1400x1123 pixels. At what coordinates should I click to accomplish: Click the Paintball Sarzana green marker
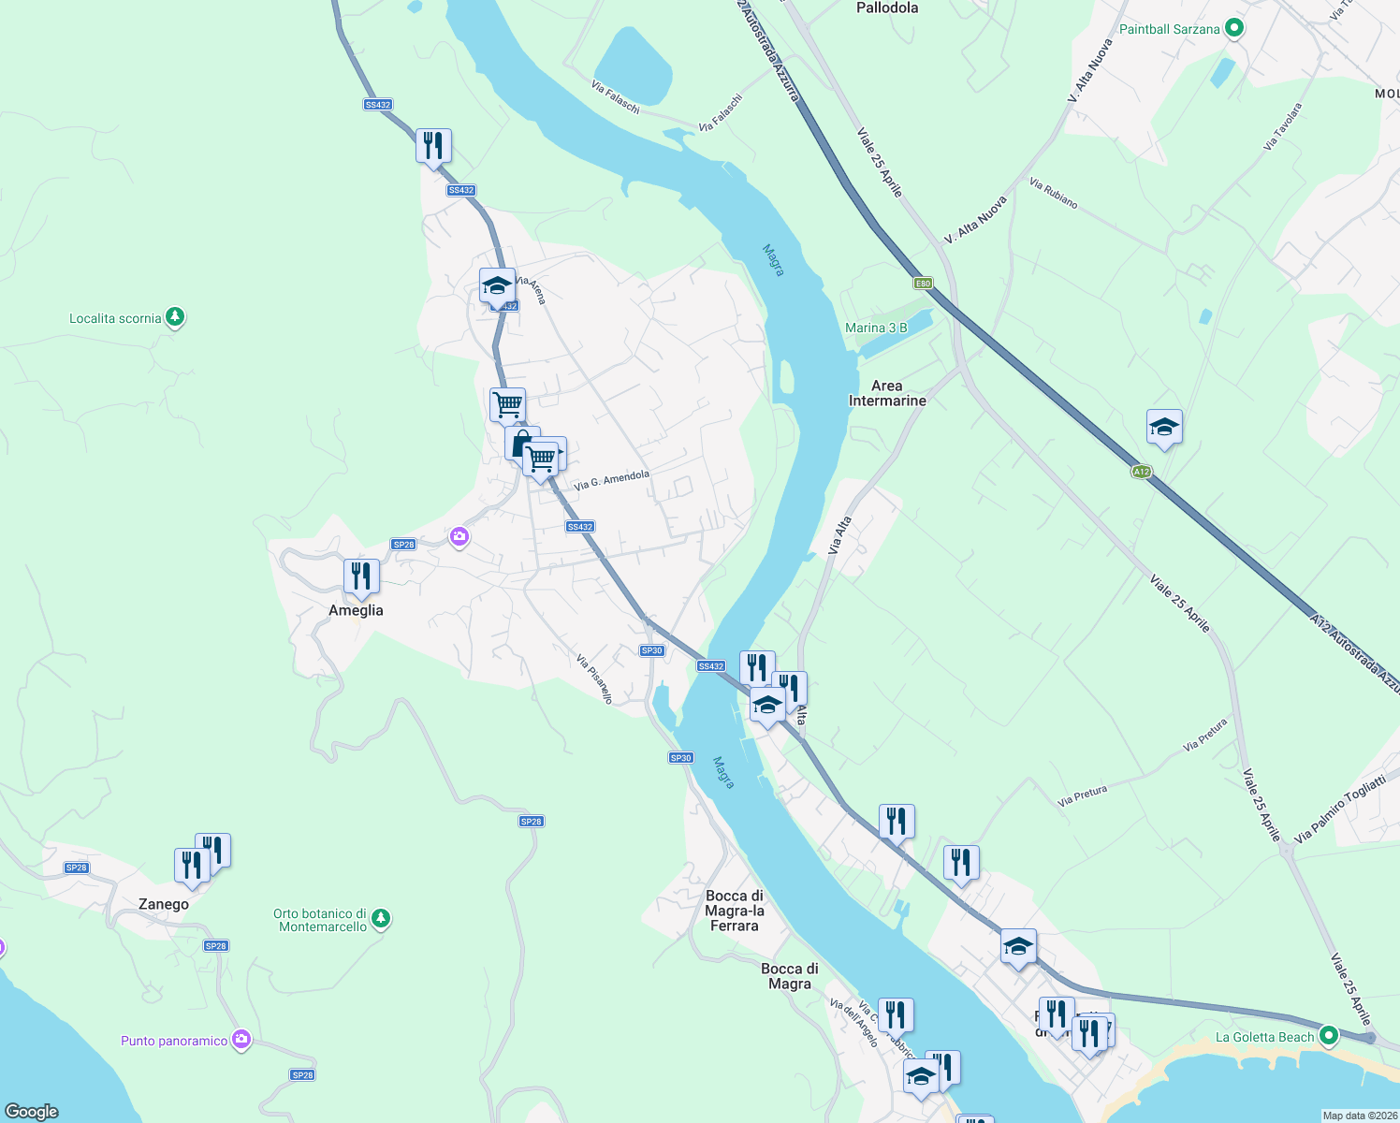pos(1233,29)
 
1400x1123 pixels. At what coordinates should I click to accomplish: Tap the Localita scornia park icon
pos(174,317)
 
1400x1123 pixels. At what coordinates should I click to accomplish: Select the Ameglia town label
pos(356,610)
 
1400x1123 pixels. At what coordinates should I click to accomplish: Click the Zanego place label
pos(164,904)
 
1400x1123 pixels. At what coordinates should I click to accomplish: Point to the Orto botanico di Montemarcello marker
pos(380,918)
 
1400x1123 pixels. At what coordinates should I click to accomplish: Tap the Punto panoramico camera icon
pos(241,1040)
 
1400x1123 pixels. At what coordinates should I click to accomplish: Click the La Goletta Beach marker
pos(1328,1036)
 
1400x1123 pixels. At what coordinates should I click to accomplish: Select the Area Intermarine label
pos(887,393)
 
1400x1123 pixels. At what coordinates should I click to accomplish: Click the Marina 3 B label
pos(876,328)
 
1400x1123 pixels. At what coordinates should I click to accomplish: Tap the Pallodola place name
pos(887,7)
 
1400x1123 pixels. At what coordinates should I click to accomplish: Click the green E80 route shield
pos(923,283)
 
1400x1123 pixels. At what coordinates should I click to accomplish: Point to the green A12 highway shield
pos(1141,472)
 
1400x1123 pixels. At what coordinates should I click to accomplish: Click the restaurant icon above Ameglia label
pos(361,576)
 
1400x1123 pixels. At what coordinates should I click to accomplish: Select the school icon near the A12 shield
pos(1164,428)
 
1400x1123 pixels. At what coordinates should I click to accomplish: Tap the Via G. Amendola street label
pos(611,480)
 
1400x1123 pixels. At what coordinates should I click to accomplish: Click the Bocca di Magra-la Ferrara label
pos(735,911)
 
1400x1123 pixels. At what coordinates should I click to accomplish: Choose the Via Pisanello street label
pos(594,678)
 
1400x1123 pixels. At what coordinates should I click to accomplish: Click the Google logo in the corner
pos(32,1111)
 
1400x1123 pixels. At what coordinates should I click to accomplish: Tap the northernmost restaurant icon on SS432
pos(433,146)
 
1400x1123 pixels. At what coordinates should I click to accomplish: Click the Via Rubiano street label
pos(1053,193)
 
